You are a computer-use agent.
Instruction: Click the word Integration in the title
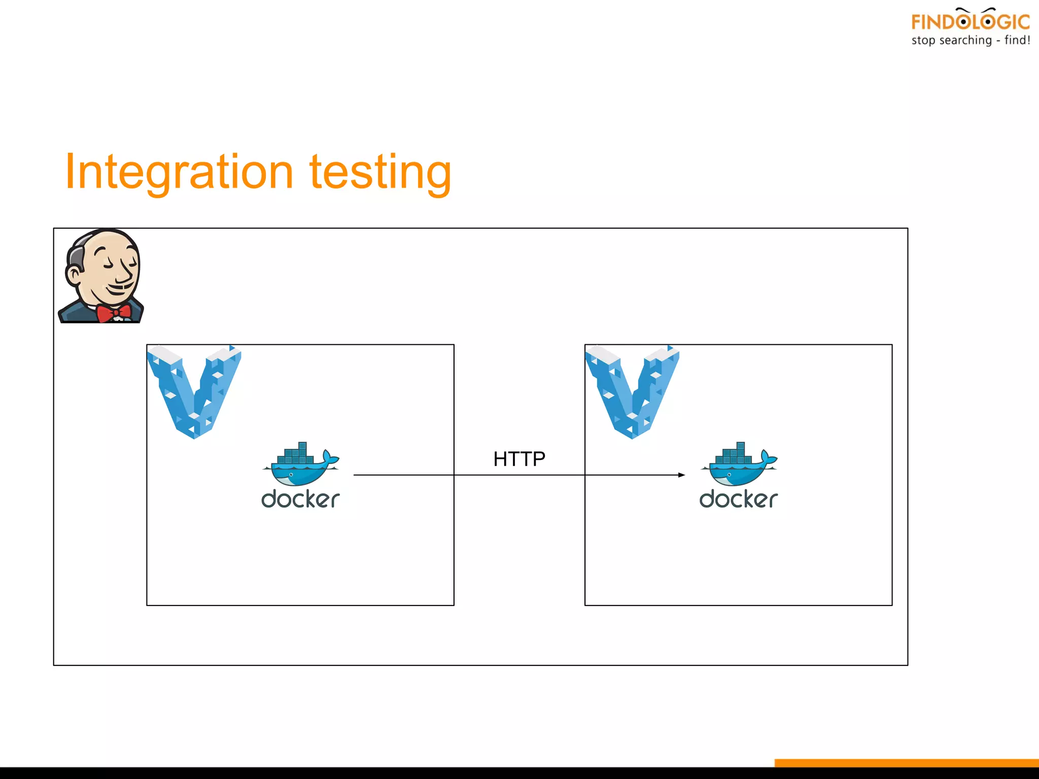tap(179, 172)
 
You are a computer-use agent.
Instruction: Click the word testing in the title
tap(380, 172)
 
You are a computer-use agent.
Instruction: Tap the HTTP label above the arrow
tap(519, 459)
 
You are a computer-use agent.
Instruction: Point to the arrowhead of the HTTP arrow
tap(682, 475)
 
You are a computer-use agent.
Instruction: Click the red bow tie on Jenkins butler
tap(114, 313)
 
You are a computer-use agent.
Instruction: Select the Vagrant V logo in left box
tap(194, 391)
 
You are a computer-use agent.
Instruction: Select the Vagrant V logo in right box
tap(632, 391)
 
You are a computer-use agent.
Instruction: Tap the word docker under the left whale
tap(300, 500)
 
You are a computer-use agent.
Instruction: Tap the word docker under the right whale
tap(738, 500)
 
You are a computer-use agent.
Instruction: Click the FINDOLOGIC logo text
tap(970, 22)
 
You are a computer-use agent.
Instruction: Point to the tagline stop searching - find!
tap(970, 41)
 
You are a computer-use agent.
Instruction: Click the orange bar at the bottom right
tap(906, 763)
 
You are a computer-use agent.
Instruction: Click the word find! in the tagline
tap(1017, 41)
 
